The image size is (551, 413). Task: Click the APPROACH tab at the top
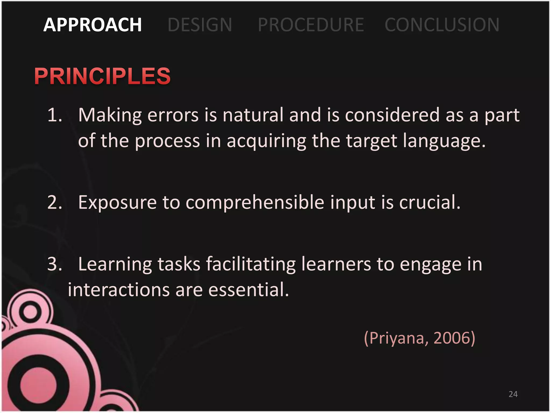point(92,25)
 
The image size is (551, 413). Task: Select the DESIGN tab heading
point(200,25)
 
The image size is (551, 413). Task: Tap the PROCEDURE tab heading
point(311,25)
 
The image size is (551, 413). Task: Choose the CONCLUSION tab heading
point(442,25)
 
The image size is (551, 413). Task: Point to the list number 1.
point(55,115)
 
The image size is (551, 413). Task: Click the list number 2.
point(55,202)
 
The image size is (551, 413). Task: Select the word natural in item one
point(253,115)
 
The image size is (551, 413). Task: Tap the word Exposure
point(117,203)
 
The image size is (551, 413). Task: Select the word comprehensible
point(255,203)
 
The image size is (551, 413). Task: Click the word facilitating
point(251,264)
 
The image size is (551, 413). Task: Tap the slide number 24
point(513,394)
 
